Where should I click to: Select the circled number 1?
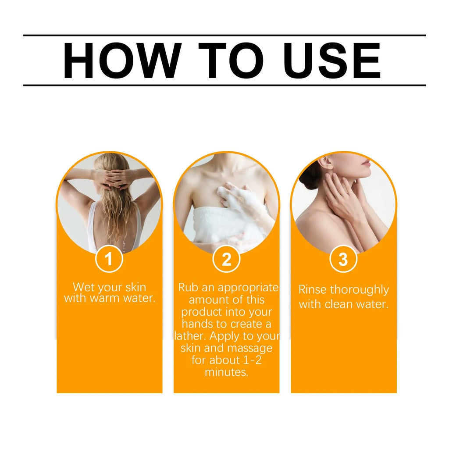[x=109, y=259]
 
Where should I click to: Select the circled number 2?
[x=226, y=259]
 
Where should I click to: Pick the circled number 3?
[x=343, y=259]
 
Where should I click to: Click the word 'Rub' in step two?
[x=187, y=288]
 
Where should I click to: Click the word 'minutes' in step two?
[x=225, y=372]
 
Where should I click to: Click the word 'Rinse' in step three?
[x=313, y=290]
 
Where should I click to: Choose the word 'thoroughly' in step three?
[x=360, y=290]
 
